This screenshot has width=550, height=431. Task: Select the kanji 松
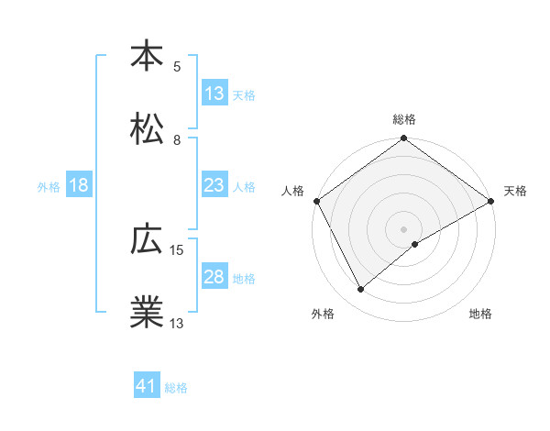pyautogui.click(x=147, y=128)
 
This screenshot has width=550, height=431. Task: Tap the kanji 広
pyautogui.click(x=147, y=240)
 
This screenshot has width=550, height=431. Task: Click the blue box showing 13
pyautogui.click(x=214, y=94)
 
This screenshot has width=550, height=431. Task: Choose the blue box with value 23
pyautogui.click(x=214, y=185)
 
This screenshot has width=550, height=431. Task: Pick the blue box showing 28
pyautogui.click(x=214, y=277)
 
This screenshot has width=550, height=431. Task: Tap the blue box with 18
pyautogui.click(x=79, y=185)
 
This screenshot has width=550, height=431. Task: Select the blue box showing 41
pyautogui.click(x=147, y=387)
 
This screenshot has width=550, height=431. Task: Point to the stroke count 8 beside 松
pyautogui.click(x=177, y=140)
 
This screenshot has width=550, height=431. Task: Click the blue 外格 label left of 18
pyautogui.click(x=49, y=186)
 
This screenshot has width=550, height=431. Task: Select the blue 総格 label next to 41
pyautogui.click(x=176, y=388)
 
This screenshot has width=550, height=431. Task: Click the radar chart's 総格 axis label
pyautogui.click(x=404, y=119)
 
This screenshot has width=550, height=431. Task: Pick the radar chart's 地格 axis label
pyautogui.click(x=480, y=315)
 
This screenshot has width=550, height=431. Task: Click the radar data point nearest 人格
pyautogui.click(x=317, y=201)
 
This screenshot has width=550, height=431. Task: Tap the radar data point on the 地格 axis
pyautogui.click(x=415, y=244)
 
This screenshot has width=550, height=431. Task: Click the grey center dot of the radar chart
pyautogui.click(x=404, y=228)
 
